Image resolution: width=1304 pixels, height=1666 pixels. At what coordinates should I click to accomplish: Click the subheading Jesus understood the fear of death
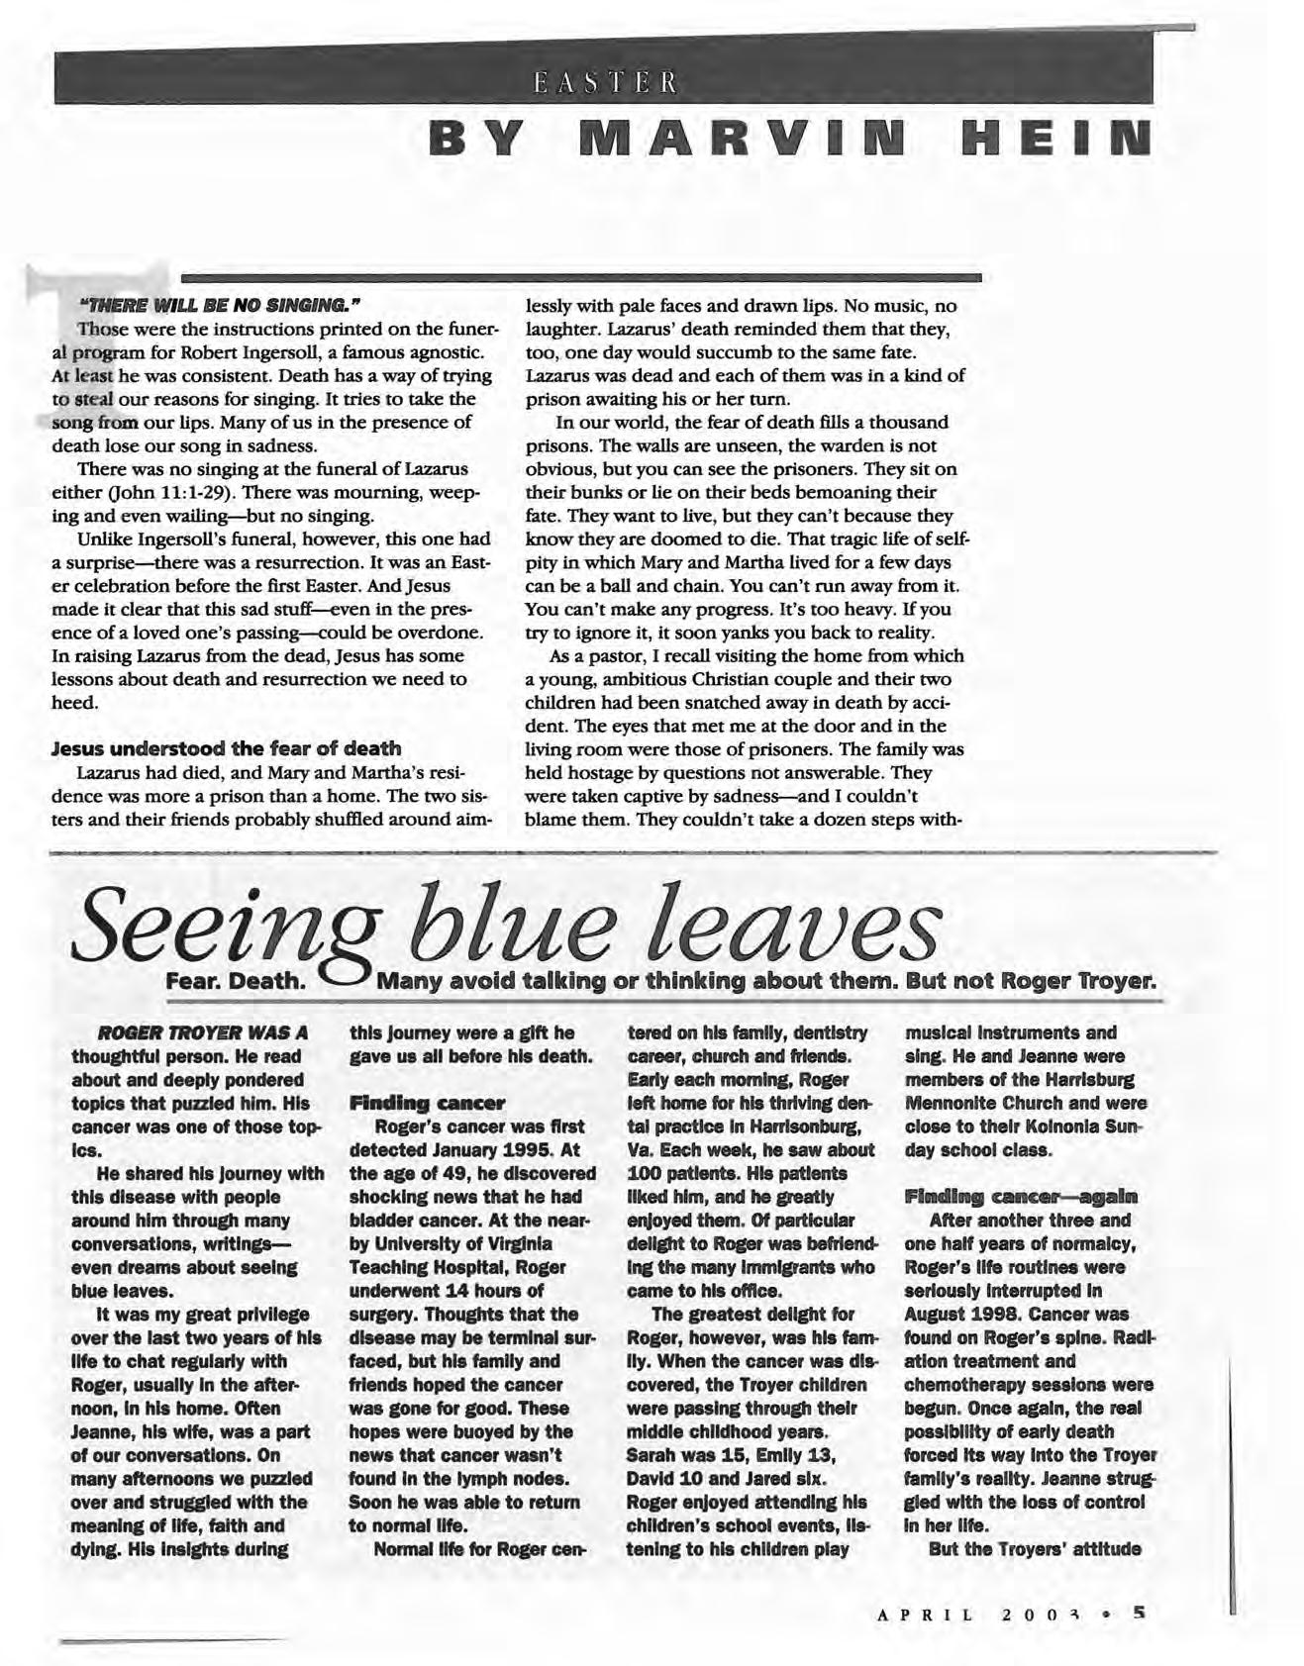pyautogui.click(x=226, y=747)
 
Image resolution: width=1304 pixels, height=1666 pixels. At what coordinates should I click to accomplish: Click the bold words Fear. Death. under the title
pyautogui.click(x=237, y=983)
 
